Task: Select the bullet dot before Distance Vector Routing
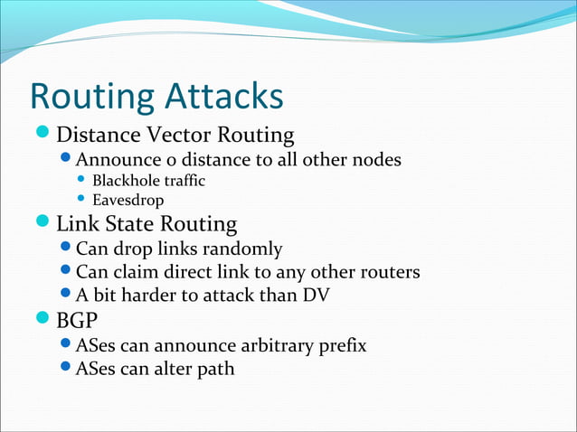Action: click(43, 136)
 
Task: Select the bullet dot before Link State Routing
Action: click(43, 223)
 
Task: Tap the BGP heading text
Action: click(78, 321)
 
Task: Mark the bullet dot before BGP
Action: click(43, 320)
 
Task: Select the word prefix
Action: click(341, 345)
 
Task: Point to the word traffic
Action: click(184, 181)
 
